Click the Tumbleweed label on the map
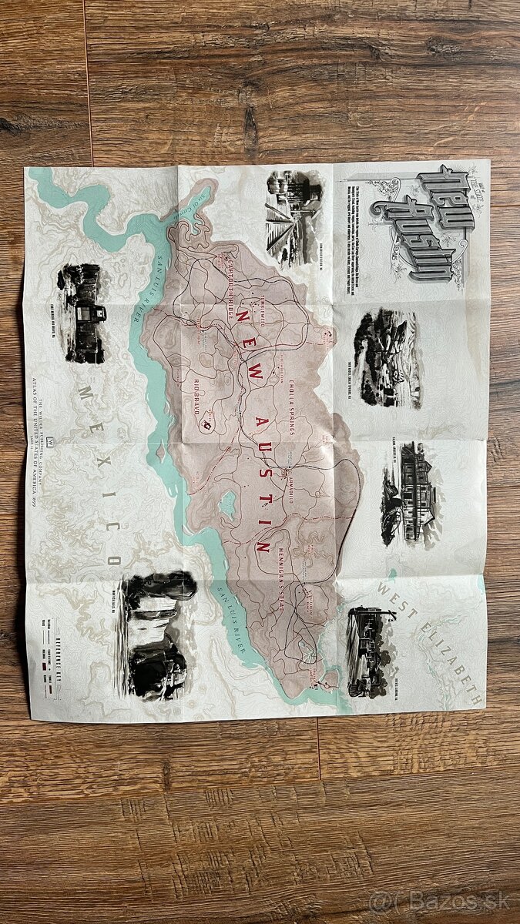[x=263, y=289]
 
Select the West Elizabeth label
[x=435, y=642]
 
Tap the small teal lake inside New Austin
[x=227, y=504]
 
